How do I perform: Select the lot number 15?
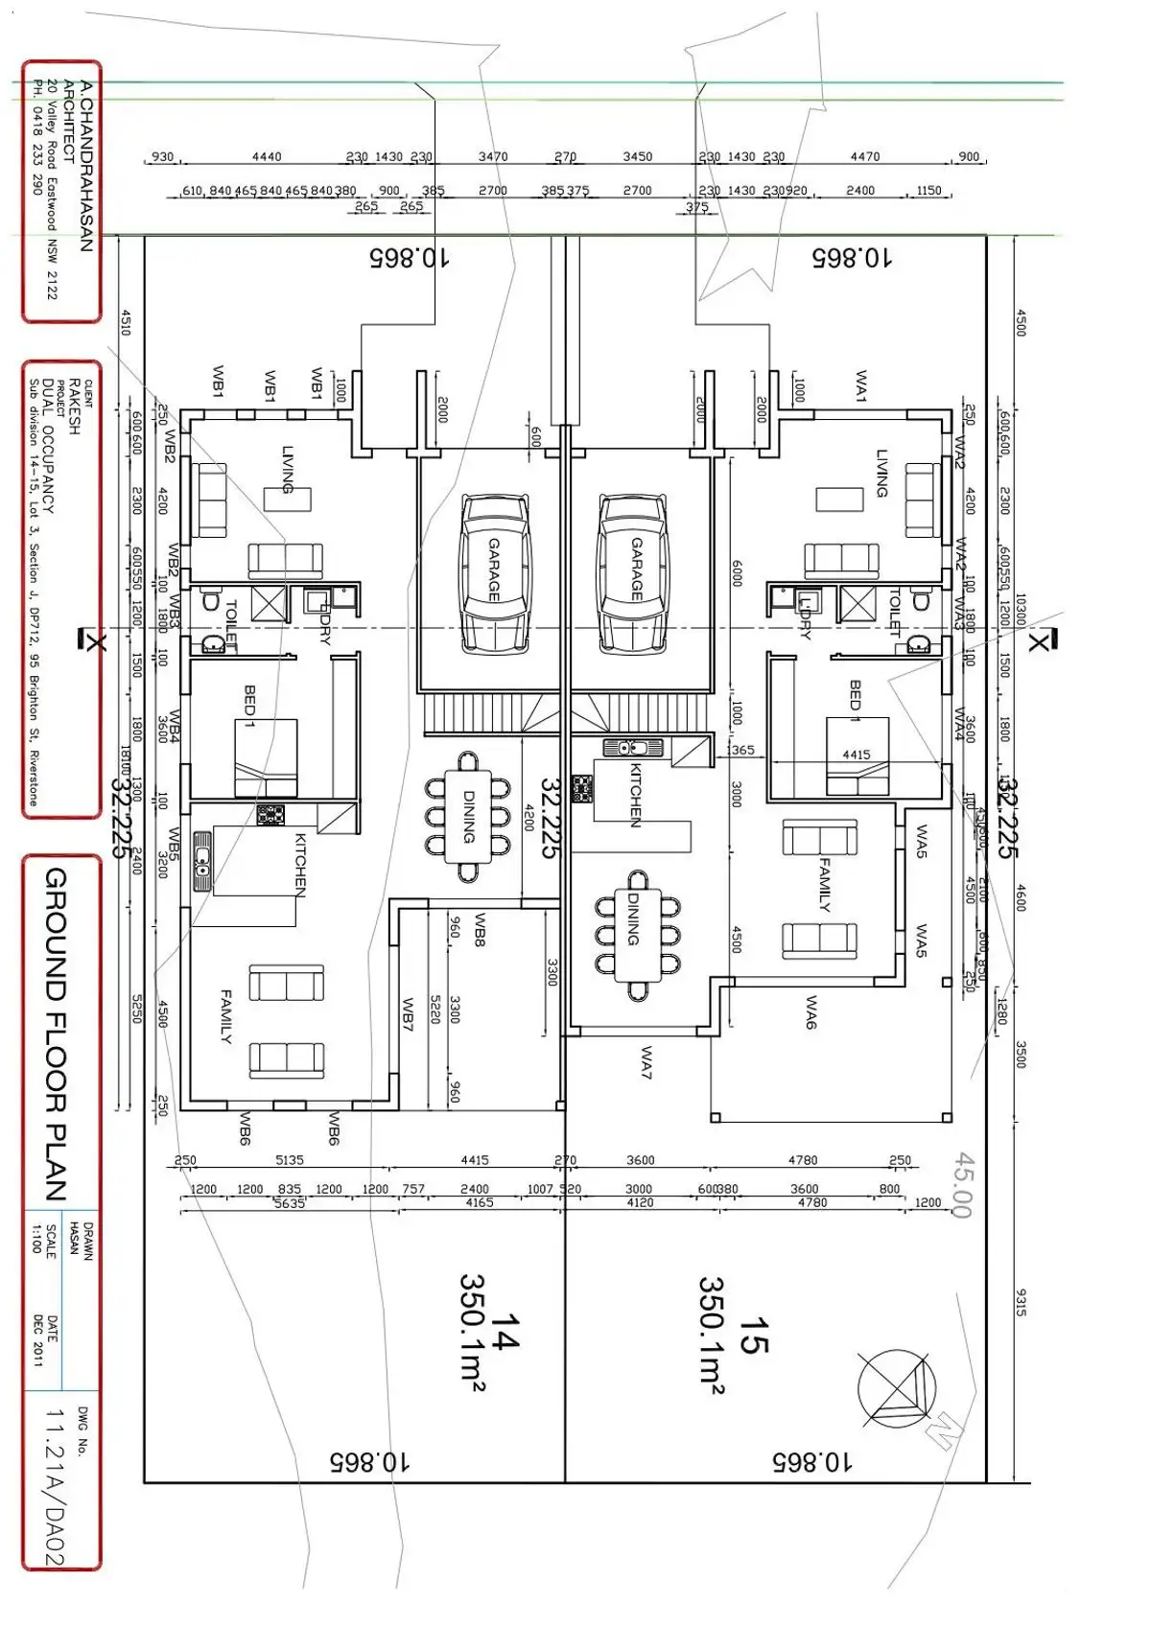pyautogui.click(x=754, y=1334)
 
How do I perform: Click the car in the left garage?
pyautogui.click(x=494, y=571)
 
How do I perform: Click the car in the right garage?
pyautogui.click(x=633, y=571)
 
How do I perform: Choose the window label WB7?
pyautogui.click(x=408, y=1014)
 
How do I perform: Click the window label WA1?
pyautogui.click(x=860, y=385)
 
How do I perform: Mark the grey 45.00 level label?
pyautogui.click(x=963, y=1185)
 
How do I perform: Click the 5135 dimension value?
pyautogui.click(x=290, y=1160)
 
